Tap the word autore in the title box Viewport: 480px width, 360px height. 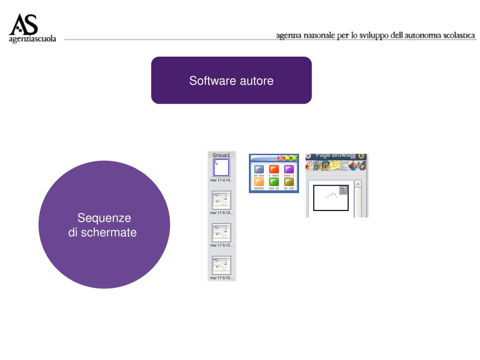point(257,81)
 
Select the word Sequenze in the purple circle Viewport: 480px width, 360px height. point(104,218)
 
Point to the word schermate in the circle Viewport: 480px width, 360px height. point(109,232)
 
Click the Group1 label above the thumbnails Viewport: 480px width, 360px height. point(221,155)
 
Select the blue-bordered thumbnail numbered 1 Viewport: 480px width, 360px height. point(221,167)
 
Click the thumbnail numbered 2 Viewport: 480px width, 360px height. point(221,200)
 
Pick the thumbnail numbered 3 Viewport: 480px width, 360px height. point(221,233)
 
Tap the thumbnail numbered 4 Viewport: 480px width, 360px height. point(221,265)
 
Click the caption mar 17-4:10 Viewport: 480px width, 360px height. point(221,180)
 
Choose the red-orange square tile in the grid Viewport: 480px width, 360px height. point(274,169)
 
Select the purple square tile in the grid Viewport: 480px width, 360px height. point(289,169)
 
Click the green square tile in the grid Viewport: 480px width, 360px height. point(274,181)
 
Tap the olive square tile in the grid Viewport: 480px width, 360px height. point(289,181)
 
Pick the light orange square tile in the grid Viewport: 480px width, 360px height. point(259,181)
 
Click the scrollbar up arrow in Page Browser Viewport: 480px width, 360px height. point(358,184)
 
